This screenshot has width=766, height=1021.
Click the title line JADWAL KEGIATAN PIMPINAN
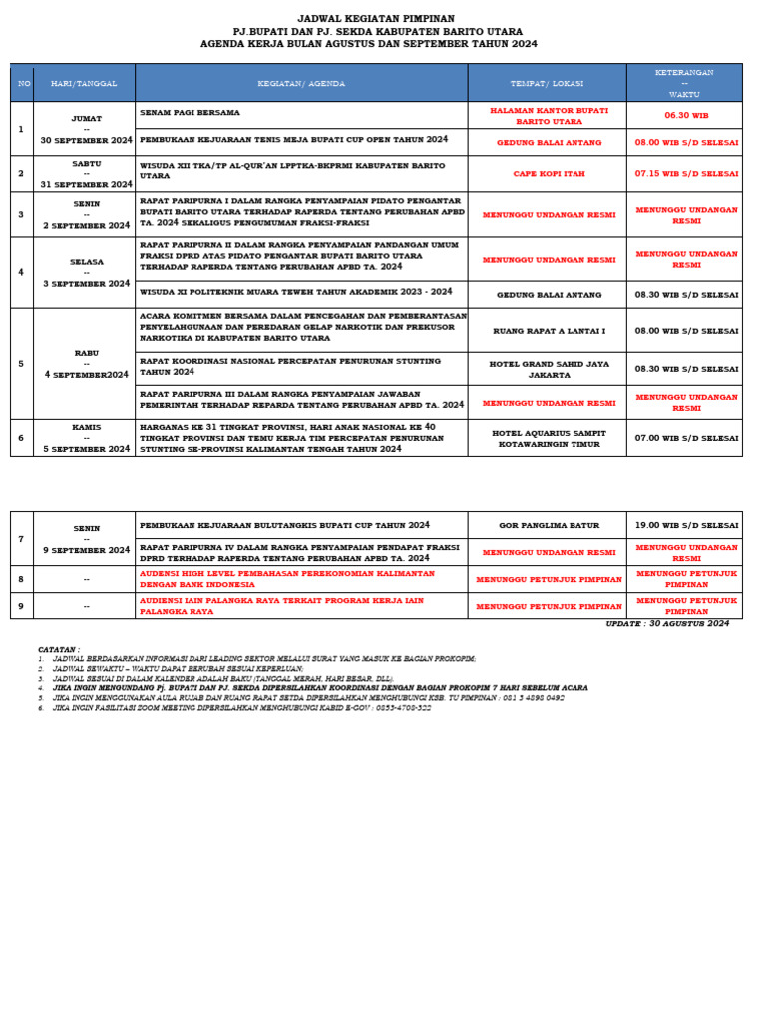[x=376, y=18]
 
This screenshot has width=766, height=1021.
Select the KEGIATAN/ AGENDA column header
[x=300, y=83]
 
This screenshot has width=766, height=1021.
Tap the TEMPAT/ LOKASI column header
[x=546, y=83]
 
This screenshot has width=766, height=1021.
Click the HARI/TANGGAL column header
[x=84, y=83]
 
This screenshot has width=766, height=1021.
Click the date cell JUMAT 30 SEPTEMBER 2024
[x=86, y=129]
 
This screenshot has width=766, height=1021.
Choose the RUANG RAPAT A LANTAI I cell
[x=548, y=330]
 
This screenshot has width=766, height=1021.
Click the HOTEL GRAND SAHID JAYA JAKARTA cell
[x=548, y=369]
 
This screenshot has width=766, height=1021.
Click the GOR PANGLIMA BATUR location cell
[x=548, y=525]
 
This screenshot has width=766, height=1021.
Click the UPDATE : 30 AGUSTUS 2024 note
[x=667, y=624]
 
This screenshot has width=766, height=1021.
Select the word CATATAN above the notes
[x=59, y=649]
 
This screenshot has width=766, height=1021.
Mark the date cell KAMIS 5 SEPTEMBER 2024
[x=86, y=438]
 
